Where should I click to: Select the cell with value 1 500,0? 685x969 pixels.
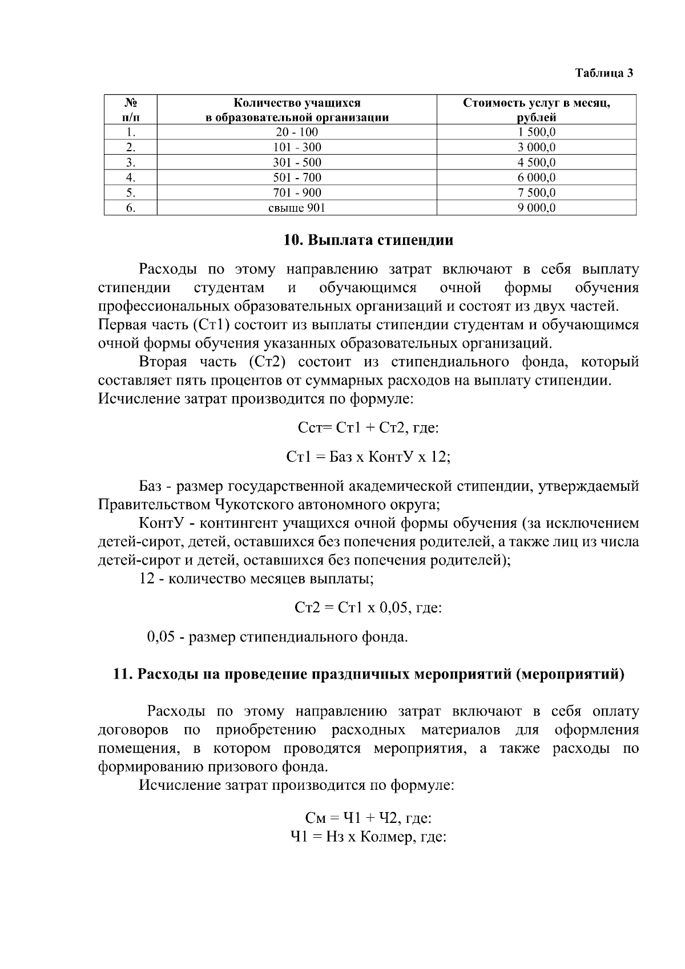click(536, 132)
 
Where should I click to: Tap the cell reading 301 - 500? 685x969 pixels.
click(297, 163)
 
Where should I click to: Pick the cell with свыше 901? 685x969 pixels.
click(297, 208)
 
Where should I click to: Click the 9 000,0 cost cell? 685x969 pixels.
click(536, 208)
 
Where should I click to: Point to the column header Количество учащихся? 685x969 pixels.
click(297, 103)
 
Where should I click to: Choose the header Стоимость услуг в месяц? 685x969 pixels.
click(536, 103)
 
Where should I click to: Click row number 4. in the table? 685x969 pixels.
click(130, 177)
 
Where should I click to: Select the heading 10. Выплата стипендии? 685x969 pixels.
click(368, 240)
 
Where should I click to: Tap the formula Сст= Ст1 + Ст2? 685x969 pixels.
click(368, 428)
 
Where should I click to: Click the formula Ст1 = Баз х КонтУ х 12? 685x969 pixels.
click(368, 457)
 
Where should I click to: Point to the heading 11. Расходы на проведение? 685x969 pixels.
click(368, 675)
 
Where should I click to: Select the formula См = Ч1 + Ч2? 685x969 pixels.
click(368, 818)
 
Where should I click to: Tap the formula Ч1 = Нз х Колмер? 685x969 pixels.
click(368, 837)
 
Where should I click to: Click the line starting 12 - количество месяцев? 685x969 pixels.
click(257, 579)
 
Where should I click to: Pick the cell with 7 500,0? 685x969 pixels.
click(536, 193)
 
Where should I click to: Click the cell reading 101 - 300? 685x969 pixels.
click(297, 147)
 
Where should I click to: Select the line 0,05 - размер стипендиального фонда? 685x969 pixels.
click(277, 637)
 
